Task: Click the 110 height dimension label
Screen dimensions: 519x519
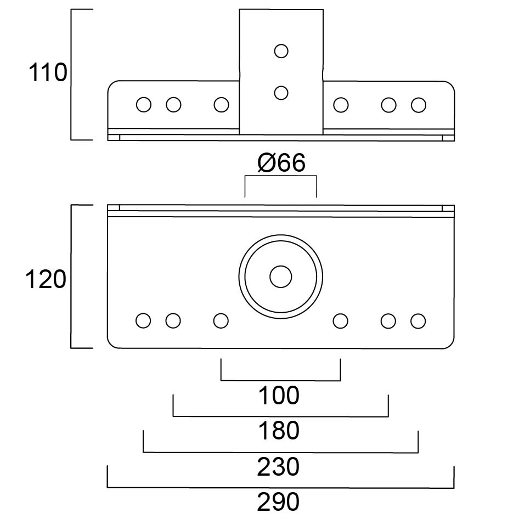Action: [48, 73]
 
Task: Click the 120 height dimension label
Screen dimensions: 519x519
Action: [47, 280]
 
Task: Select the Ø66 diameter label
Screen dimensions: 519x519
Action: [280, 163]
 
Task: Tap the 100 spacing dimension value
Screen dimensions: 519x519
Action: [280, 395]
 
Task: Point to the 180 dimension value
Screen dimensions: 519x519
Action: [280, 431]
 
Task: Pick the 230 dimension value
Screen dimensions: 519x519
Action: [280, 467]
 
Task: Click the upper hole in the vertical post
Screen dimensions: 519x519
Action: [281, 51]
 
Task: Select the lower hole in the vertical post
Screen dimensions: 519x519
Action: [281, 93]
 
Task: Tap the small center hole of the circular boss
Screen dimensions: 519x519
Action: [280, 277]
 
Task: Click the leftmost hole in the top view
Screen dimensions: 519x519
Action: [144, 104]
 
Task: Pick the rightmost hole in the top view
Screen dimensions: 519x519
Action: [418, 104]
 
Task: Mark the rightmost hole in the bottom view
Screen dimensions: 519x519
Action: [418, 321]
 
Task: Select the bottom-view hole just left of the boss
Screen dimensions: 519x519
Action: [221, 321]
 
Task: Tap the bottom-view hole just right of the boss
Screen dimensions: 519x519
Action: [341, 321]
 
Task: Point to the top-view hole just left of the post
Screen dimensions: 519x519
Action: [221, 104]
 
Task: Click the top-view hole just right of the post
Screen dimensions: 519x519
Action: [341, 104]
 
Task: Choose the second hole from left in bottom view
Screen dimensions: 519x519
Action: [173, 321]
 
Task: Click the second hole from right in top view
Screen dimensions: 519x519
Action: [388, 104]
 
